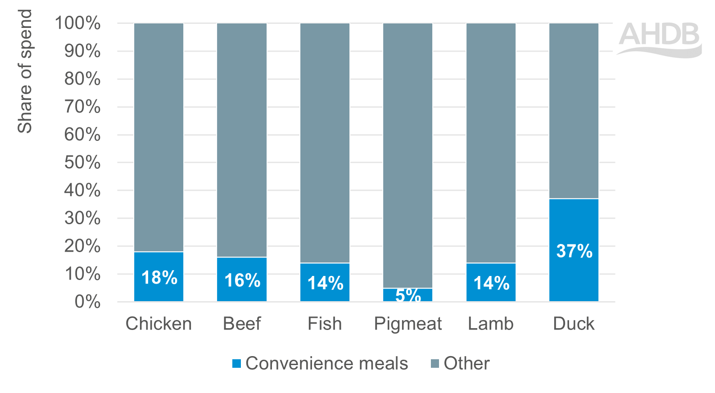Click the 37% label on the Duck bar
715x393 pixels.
click(x=574, y=251)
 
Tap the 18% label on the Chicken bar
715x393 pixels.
click(x=159, y=278)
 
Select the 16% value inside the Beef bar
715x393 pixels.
click(x=242, y=280)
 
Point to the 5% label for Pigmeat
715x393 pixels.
click(x=408, y=295)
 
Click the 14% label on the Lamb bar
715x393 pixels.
click(x=491, y=283)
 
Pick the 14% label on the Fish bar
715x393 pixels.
click(x=325, y=283)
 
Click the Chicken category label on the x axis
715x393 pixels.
click(x=158, y=324)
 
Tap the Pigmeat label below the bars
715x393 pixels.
click(x=408, y=324)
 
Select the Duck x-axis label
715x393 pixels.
click(x=574, y=324)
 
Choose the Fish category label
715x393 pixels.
click(x=325, y=324)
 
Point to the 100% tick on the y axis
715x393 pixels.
click(x=77, y=23)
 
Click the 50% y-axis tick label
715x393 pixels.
click(x=82, y=163)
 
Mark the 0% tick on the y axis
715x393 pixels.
click(x=87, y=302)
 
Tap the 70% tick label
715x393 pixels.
click(x=82, y=107)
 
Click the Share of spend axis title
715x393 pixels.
click(x=25, y=71)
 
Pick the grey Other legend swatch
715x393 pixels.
click(x=435, y=363)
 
